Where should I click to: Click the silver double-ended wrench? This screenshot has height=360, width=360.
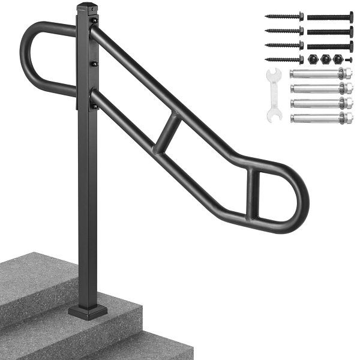coord(274,95)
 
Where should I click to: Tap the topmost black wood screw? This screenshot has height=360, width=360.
coord(284,17)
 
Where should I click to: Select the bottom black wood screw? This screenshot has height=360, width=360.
coord(284,59)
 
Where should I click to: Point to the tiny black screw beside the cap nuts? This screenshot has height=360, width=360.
coord(349,59)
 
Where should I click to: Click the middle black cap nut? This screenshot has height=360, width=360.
coord(325,59)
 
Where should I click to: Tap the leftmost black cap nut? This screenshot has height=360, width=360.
coord(313,59)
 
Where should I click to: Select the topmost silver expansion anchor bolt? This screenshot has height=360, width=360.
coord(320,74)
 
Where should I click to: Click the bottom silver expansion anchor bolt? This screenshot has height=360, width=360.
coord(320,118)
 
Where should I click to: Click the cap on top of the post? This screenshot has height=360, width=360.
coord(87,7)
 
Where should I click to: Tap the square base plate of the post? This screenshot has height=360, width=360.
coord(88,311)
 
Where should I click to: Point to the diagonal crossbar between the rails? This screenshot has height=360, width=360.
coord(167,133)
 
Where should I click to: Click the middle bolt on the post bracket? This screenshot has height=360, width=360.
coord(94,63)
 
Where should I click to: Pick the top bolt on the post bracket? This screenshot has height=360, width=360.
coord(94,21)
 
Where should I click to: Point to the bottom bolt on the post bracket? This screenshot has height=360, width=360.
coord(94,106)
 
